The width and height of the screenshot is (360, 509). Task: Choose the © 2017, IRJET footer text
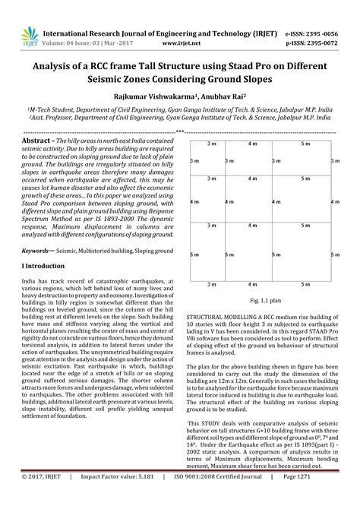click(x=39, y=498)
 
